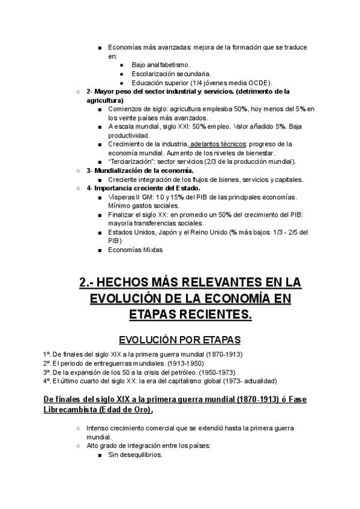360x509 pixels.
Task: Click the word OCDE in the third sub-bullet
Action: coord(260,83)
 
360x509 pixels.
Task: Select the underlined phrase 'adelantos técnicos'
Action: coord(219,144)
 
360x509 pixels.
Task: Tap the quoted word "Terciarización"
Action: coord(132,161)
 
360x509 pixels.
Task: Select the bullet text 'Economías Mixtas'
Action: coord(135,250)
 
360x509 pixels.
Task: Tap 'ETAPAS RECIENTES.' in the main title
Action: coord(190,314)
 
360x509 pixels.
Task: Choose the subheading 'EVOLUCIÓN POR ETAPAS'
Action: coord(179,339)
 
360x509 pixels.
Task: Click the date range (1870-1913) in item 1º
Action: coord(227,355)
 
